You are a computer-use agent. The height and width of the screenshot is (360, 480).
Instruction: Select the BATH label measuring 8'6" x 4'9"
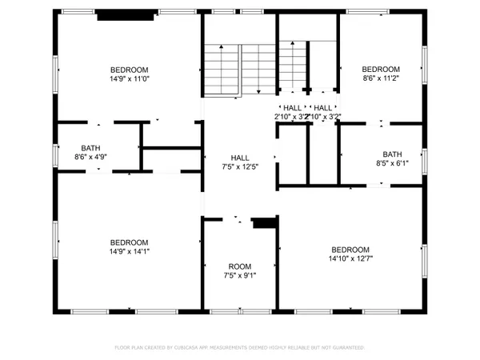[90, 147]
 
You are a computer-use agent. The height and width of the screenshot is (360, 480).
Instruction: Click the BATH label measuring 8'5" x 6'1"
[392, 154]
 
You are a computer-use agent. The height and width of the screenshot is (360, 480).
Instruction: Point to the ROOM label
[240, 266]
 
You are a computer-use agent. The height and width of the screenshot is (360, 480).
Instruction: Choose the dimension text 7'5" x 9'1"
[240, 276]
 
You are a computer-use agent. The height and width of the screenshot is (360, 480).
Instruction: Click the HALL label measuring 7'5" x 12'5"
[240, 158]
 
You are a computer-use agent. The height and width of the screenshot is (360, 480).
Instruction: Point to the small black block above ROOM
[263, 223]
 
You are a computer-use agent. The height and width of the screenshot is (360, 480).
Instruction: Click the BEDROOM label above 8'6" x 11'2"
[381, 70]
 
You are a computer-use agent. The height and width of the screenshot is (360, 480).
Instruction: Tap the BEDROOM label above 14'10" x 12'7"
[350, 249]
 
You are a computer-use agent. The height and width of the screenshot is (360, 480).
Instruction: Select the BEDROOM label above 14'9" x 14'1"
[129, 243]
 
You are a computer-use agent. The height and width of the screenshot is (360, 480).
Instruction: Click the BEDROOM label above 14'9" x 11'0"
[129, 70]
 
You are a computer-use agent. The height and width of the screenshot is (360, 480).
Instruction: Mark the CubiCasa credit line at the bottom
[240, 348]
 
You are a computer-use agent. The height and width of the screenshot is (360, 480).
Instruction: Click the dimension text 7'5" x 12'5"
[240, 167]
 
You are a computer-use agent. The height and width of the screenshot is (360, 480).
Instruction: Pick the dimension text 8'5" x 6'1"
[392, 165]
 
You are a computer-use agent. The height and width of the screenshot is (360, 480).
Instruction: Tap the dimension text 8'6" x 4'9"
[90, 158]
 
